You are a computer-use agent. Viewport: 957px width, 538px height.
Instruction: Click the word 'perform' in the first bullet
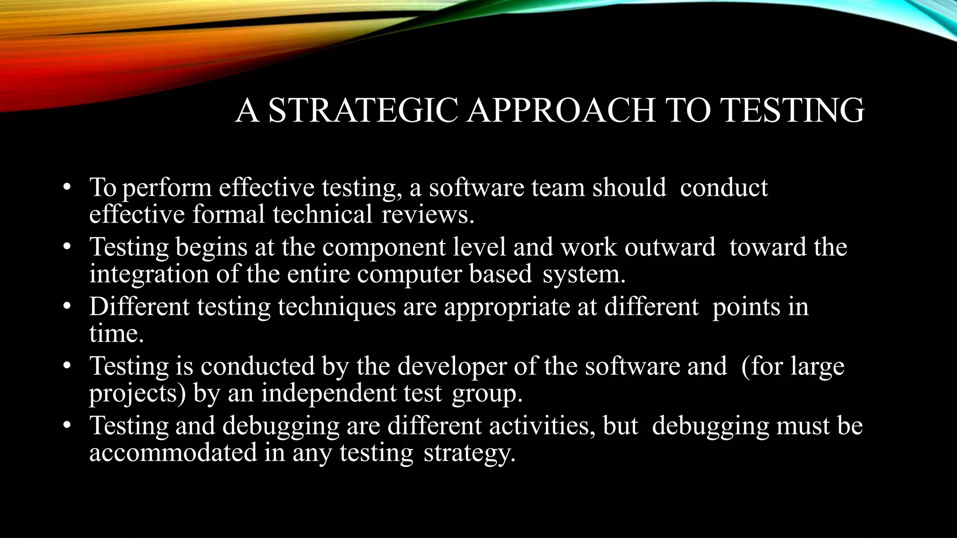click(167, 188)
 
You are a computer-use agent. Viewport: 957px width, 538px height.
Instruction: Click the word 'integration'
click(149, 274)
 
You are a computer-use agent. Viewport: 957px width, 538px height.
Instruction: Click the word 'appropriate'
click(507, 307)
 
